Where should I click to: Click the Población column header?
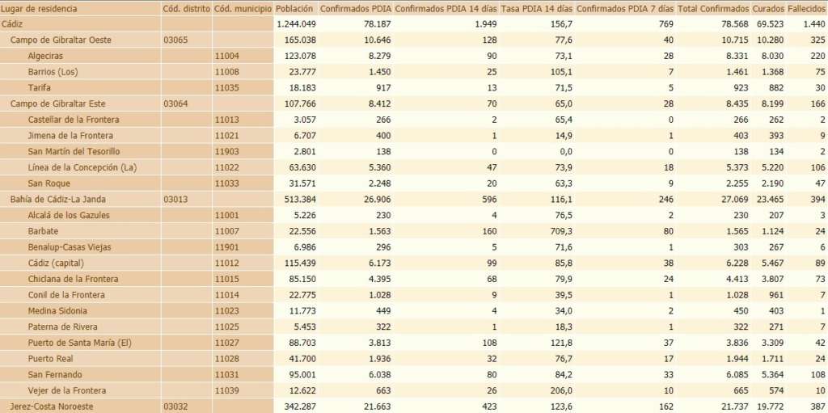click(x=295, y=8)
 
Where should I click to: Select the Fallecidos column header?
click(x=807, y=8)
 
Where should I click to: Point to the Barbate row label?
click(x=44, y=231)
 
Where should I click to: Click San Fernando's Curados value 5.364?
click(x=768, y=375)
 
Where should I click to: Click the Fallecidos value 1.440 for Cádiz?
click(x=813, y=24)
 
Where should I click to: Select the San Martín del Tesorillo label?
click(x=74, y=151)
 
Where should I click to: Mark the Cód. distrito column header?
click(x=186, y=8)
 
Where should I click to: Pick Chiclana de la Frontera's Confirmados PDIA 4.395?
click(x=376, y=279)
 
